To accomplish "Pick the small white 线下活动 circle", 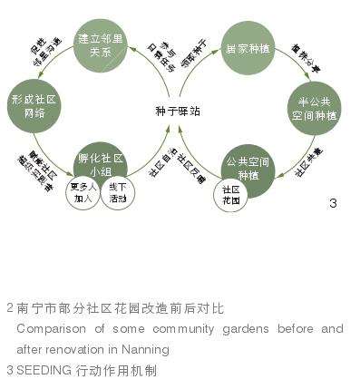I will click(117, 194).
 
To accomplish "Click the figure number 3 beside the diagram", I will click(333, 203).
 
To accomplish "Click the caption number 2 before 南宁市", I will click(9, 308).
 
